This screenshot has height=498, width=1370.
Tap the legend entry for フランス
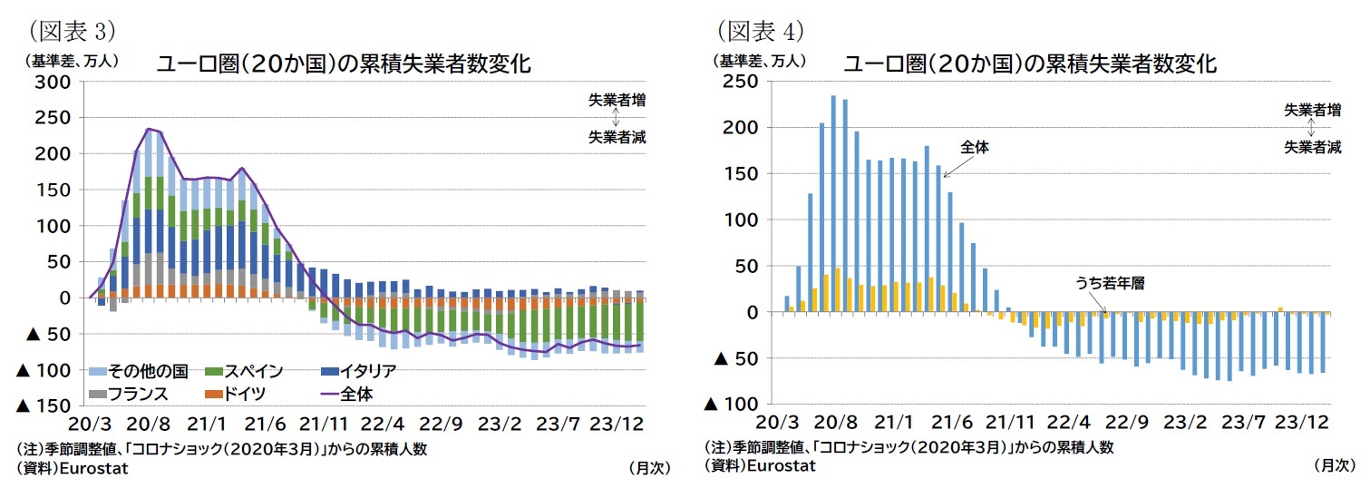pyautogui.click(x=138, y=395)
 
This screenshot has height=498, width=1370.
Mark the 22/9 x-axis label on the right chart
pyautogui.click(x=1127, y=423)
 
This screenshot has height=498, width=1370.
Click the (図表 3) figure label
pyautogui.click(x=68, y=31)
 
